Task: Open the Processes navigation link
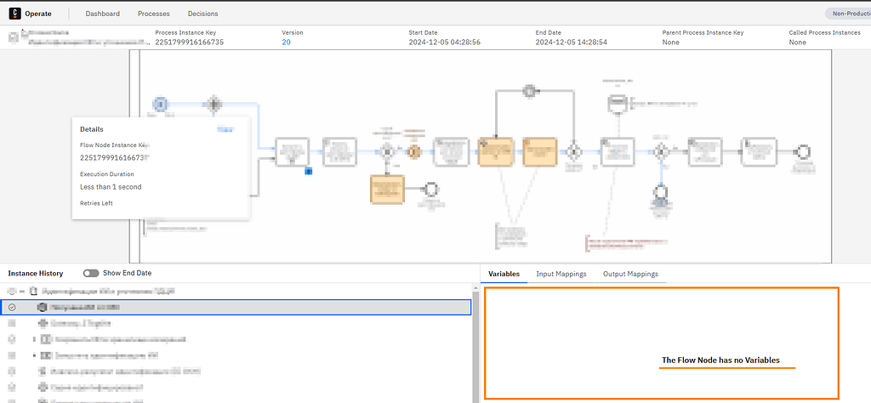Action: (153, 14)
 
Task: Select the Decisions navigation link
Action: (203, 14)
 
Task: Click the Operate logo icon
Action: (14, 14)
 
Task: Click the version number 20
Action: (287, 42)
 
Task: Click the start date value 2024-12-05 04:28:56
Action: (444, 42)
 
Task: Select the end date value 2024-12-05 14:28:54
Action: (571, 42)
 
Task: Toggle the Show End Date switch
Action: (90, 273)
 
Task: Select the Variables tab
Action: (504, 274)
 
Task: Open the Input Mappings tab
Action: (561, 274)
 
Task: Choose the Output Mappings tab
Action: (629, 274)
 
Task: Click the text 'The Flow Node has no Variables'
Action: (720, 360)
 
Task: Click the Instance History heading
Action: (36, 273)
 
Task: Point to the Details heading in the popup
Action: (92, 129)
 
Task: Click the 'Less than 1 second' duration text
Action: (111, 186)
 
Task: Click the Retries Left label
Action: (96, 203)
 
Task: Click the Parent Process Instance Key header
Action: (703, 32)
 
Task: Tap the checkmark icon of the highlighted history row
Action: (12, 306)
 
